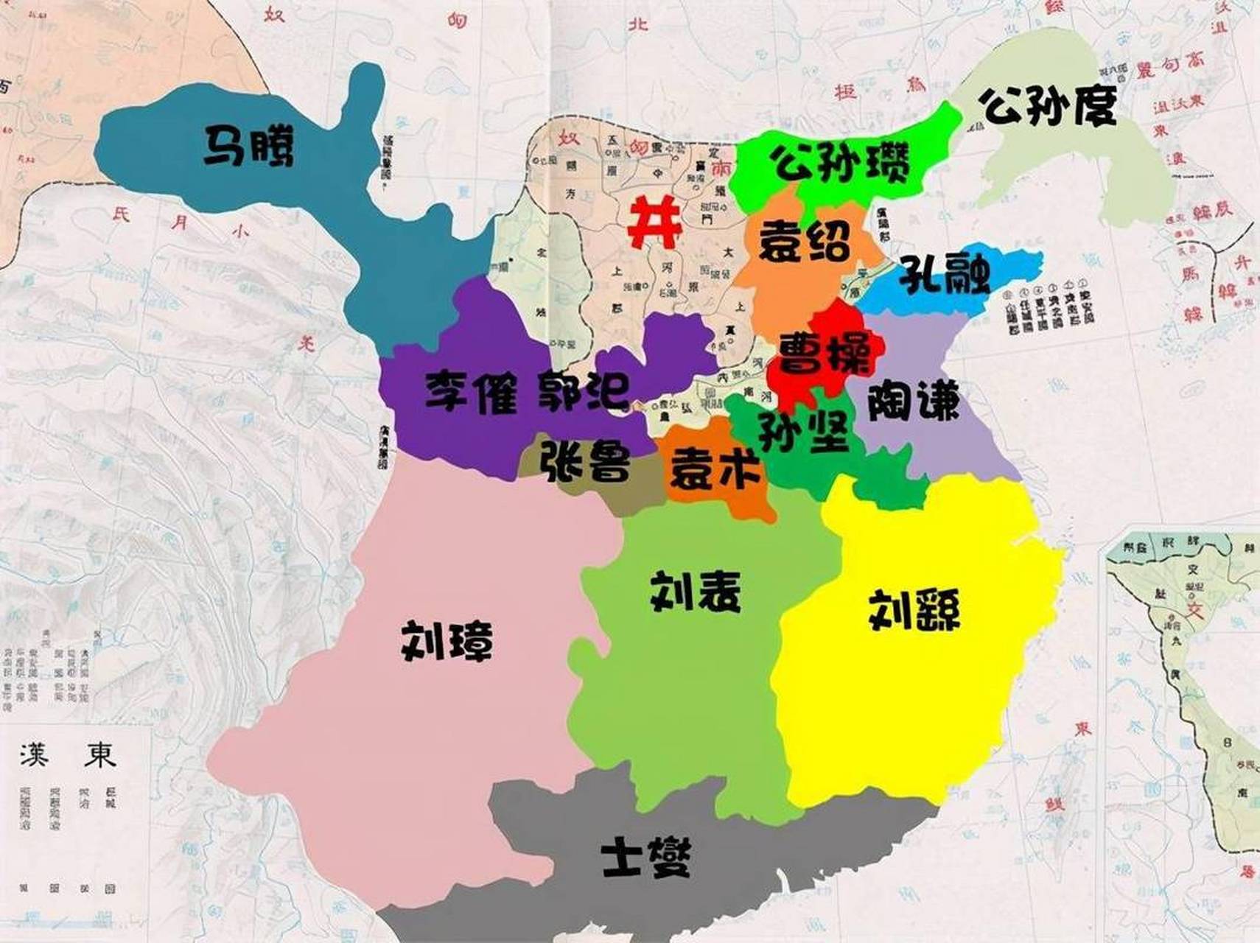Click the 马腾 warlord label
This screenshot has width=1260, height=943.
pyautogui.click(x=248, y=146)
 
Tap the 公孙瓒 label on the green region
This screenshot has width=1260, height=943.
pyautogui.click(x=840, y=163)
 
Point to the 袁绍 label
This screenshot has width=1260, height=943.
pyautogui.click(x=805, y=240)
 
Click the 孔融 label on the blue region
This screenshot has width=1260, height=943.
pyautogui.click(x=945, y=274)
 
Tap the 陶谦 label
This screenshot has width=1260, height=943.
pyautogui.click(x=914, y=402)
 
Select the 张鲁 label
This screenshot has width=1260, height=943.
pyautogui.click(x=586, y=460)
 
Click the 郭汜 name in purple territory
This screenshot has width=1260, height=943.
pyautogui.click(x=582, y=390)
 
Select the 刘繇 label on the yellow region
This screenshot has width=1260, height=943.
pyautogui.click(x=914, y=610)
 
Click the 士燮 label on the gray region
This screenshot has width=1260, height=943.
pyautogui.click(x=646, y=858)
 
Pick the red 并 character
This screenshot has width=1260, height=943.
pyautogui.click(x=654, y=223)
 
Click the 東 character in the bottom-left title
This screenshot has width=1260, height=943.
pyautogui.click(x=99, y=753)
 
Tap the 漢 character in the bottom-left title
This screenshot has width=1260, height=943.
pyautogui.click(x=35, y=753)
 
